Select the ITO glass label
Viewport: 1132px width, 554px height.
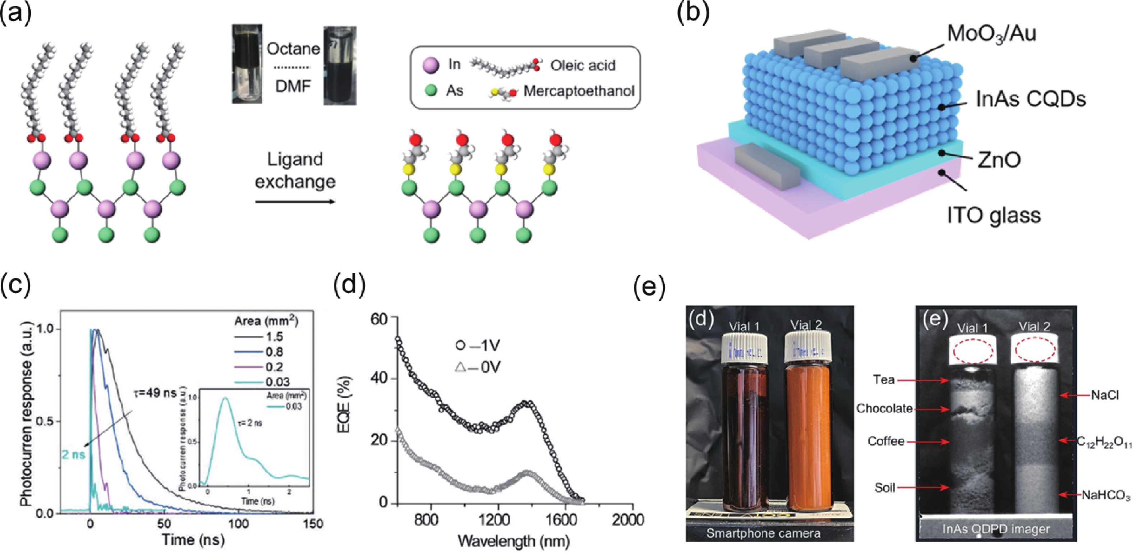(x=994, y=215)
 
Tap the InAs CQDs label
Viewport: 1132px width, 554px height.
(x=1031, y=99)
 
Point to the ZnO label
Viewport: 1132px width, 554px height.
(x=999, y=160)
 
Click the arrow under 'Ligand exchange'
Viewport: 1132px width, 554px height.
(x=295, y=202)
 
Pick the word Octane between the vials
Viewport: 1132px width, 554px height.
(x=293, y=49)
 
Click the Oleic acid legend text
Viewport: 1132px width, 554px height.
(x=583, y=65)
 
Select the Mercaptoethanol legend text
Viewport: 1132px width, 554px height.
(x=579, y=91)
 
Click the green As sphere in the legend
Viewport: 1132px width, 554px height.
(x=432, y=91)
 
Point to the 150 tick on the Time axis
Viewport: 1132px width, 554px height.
(x=313, y=524)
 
